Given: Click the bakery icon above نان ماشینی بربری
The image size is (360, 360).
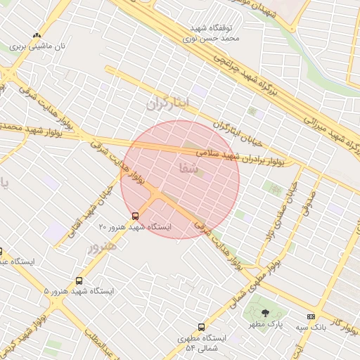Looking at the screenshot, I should click(37, 35).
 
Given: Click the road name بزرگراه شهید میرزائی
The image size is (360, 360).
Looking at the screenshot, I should click(330, 131).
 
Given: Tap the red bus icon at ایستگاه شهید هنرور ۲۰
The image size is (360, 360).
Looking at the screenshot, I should click(135, 216).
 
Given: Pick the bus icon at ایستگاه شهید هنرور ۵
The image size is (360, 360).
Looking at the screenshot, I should click(79, 280).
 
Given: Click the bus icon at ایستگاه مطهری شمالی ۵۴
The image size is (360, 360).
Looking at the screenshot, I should click(202, 327).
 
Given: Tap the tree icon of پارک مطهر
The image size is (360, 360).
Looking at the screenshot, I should click(264, 314).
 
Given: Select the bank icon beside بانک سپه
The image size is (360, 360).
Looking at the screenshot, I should click(311, 317).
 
